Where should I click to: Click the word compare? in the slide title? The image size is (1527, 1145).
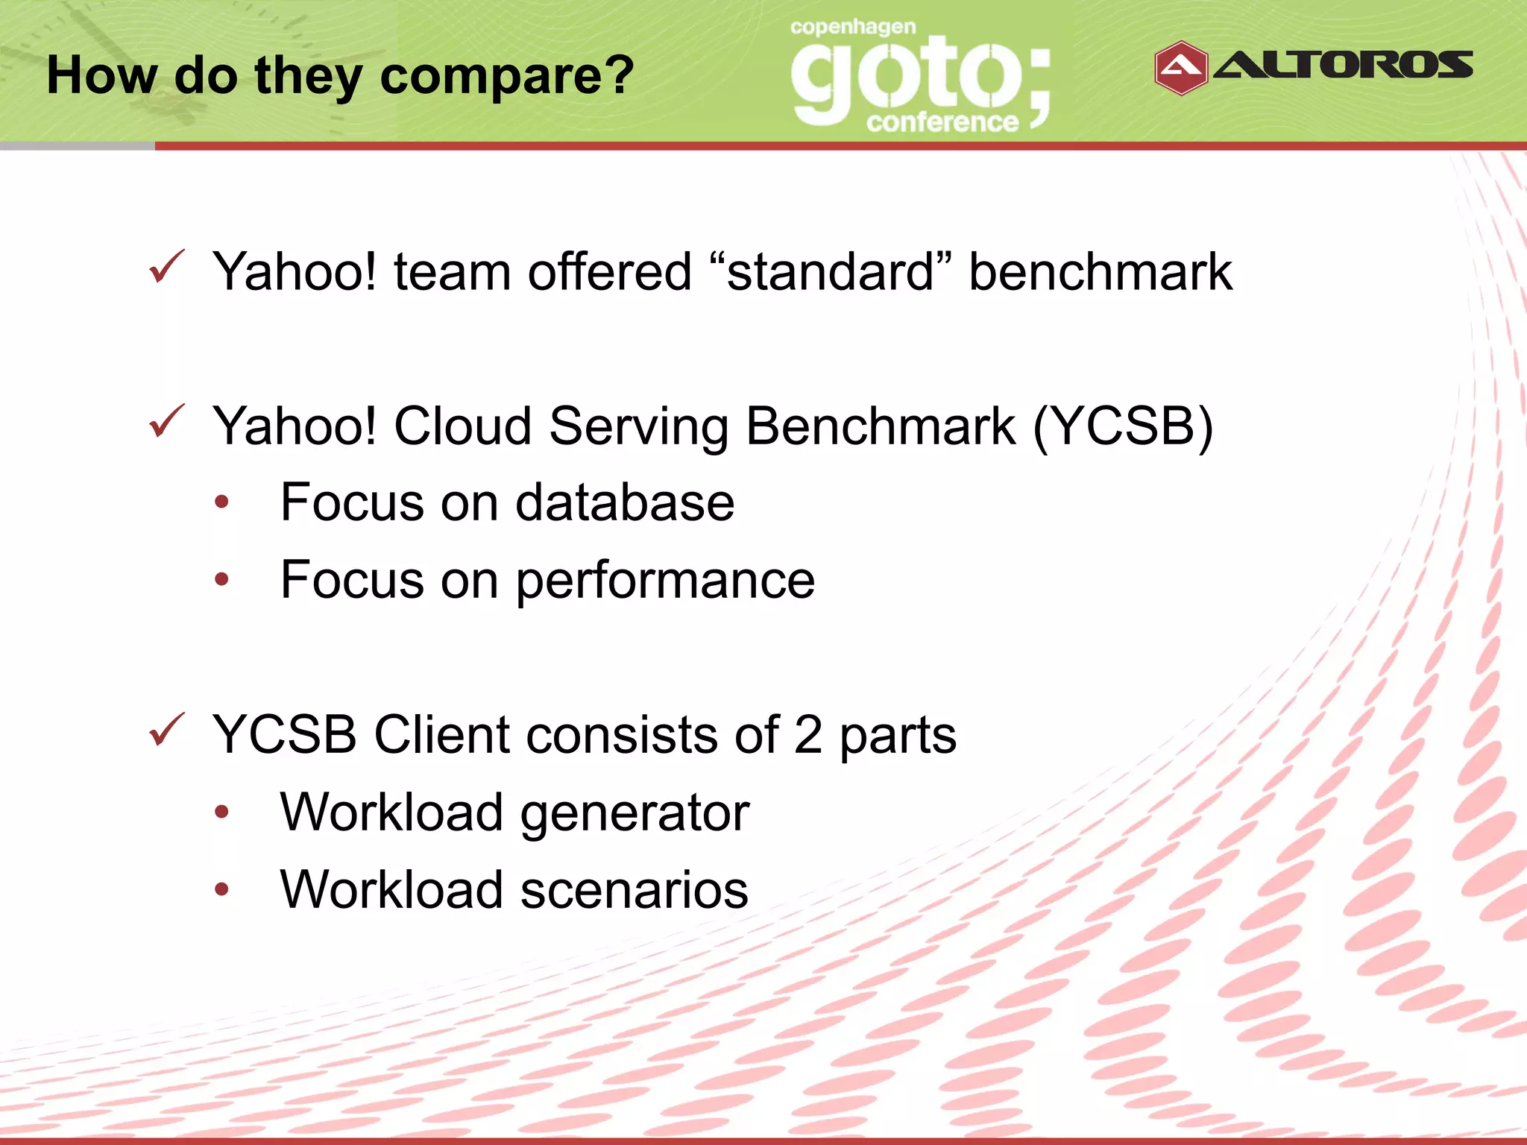(x=507, y=77)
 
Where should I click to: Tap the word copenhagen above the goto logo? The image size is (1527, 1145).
(x=853, y=28)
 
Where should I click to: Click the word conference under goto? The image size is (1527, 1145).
(x=942, y=122)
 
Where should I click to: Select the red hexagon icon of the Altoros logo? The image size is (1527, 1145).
(x=1180, y=68)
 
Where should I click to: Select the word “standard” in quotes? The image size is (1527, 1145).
(x=830, y=271)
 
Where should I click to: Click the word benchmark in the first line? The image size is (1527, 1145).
(x=1100, y=271)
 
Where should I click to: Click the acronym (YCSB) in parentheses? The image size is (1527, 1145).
(x=1123, y=426)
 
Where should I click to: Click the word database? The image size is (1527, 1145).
(x=625, y=502)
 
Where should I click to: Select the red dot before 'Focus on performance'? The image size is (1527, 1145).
(x=221, y=579)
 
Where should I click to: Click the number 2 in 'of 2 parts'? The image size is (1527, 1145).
(x=808, y=735)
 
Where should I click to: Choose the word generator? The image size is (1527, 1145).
(x=635, y=813)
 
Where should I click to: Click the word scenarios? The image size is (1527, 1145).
(x=634, y=890)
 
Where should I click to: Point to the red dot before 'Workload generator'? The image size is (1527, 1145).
(x=221, y=813)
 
